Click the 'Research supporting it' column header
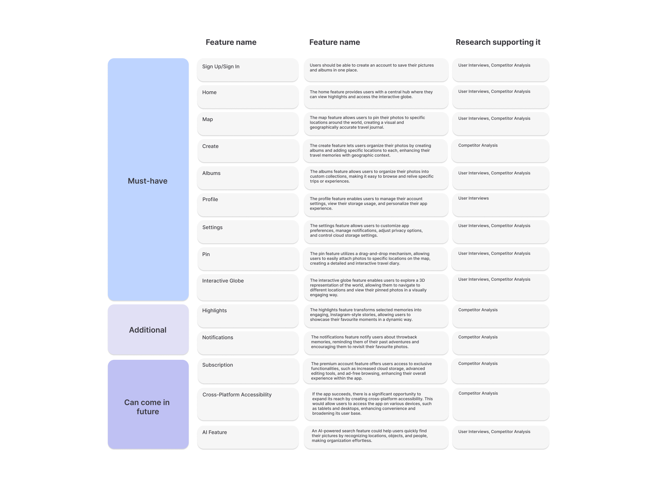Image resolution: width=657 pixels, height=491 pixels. pos(498,42)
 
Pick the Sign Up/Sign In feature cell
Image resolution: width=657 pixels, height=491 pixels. pos(221,67)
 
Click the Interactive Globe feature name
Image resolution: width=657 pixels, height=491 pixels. pos(223,281)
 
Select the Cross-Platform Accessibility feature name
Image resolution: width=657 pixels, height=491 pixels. pos(237,395)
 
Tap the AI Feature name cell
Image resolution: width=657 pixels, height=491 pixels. pos(214,432)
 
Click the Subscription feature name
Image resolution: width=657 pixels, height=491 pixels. pos(217,365)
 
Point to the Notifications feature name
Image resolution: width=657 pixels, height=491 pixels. pos(217,337)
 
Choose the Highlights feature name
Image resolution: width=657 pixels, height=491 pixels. pos(214,310)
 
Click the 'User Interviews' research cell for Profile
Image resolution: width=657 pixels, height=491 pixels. pos(473,198)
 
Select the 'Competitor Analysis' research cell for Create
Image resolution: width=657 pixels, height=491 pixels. pos(478,145)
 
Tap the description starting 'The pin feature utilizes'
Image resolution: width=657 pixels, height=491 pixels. pos(370,259)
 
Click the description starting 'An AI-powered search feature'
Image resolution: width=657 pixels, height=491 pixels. pos(370,436)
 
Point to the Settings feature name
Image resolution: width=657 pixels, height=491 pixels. pos(212,227)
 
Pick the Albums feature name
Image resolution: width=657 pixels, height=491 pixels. pos(211,173)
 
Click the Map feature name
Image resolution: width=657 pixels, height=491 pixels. pos(207,119)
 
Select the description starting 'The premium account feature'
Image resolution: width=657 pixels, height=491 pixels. pos(371,371)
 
